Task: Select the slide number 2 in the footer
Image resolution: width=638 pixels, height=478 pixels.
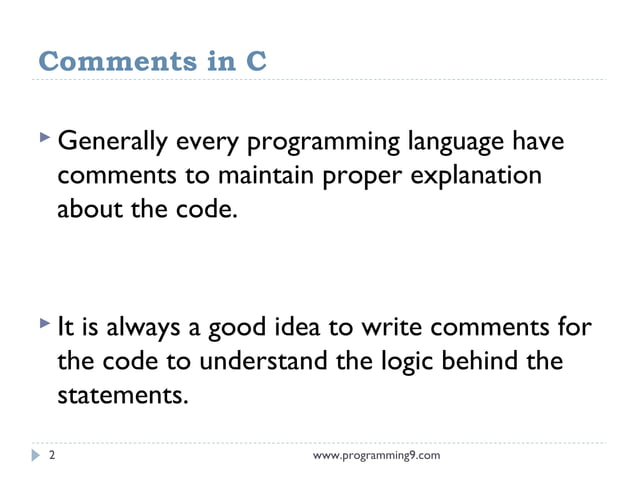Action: [52, 456]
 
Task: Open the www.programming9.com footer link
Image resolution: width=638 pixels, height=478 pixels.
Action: [376, 456]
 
